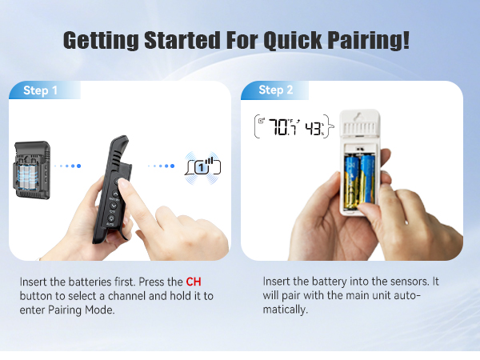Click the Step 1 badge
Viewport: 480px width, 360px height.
(x=41, y=90)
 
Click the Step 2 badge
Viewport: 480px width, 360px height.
(x=271, y=90)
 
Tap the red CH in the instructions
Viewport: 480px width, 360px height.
(x=194, y=282)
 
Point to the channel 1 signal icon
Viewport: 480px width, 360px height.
(x=202, y=166)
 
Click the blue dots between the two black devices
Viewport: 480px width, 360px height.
(x=70, y=166)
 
